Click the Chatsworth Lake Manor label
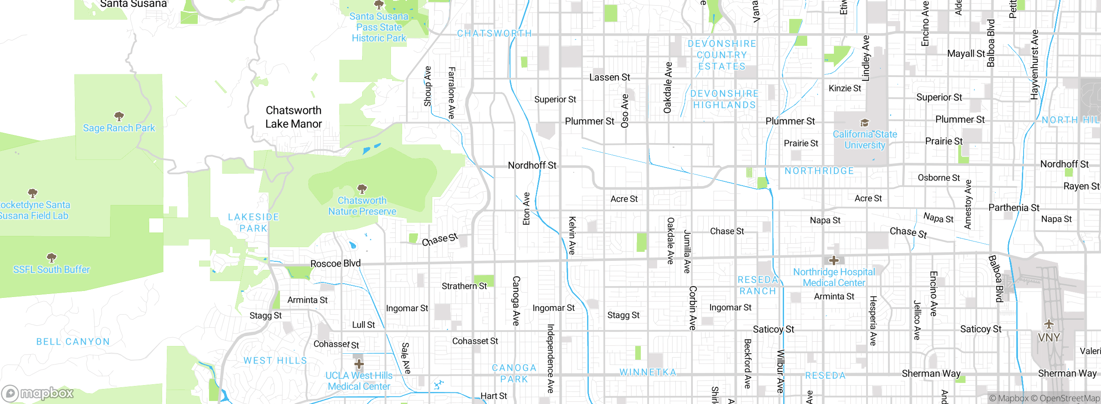(293, 117)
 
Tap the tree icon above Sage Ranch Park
(119, 116)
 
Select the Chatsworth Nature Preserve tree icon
(362, 189)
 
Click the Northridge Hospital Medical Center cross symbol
(834, 260)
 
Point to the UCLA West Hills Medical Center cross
(359, 364)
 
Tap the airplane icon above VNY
(1049, 324)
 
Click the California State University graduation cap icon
(864, 123)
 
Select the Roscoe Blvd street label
(335, 263)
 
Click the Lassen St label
(609, 77)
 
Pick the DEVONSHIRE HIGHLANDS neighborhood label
(724, 99)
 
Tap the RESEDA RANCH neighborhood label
(758, 285)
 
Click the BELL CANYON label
(73, 342)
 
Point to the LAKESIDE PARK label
(254, 223)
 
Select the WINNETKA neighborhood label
(648, 372)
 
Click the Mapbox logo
(38, 393)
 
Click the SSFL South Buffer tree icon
(52, 258)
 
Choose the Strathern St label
(464, 286)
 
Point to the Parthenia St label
(1014, 208)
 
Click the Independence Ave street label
(550, 358)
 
